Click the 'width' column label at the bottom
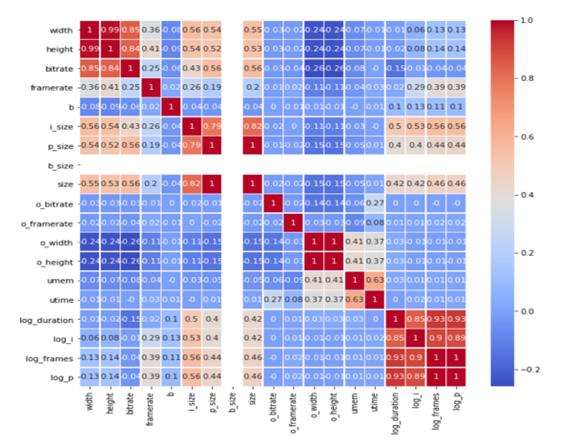[x=88, y=408]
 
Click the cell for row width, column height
[x=110, y=32]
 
